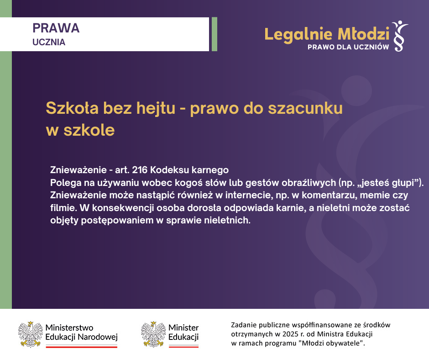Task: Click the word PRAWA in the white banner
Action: point(56,28)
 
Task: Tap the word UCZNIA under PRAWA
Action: point(49,42)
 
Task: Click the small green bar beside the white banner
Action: point(214,34)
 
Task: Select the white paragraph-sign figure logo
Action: point(400,36)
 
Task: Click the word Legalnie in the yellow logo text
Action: point(298,35)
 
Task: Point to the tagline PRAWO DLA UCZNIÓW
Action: point(348,47)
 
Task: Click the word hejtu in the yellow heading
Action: point(156,108)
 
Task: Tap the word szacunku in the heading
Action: point(305,108)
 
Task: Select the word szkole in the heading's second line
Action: point(89,130)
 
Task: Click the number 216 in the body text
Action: point(140,170)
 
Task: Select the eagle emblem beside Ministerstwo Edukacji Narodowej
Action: point(31,334)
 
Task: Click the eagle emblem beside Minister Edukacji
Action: point(153,334)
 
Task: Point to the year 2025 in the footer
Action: point(290,334)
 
